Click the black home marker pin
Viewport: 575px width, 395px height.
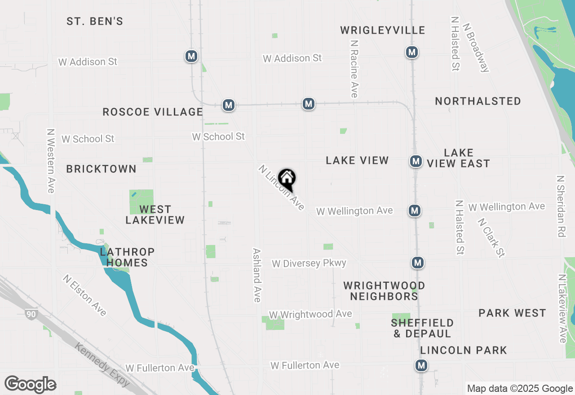(287, 179)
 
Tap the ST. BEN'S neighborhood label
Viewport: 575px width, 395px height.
(95, 21)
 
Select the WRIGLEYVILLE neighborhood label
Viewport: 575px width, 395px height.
(382, 30)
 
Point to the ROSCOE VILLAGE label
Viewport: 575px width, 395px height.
(153, 112)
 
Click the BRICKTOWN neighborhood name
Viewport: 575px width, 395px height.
(101, 169)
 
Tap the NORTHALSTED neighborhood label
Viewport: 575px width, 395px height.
(478, 101)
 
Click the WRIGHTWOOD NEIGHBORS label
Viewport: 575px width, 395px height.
(384, 291)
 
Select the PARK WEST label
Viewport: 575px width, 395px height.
(512, 313)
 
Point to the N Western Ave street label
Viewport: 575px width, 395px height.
(51, 161)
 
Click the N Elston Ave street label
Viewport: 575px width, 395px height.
(85, 295)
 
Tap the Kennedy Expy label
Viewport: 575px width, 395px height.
(102, 365)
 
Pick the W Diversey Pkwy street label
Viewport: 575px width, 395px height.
(309, 263)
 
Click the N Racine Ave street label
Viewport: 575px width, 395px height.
(354, 68)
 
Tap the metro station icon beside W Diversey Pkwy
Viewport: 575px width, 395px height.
(418, 262)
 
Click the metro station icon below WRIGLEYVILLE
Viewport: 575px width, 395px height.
(411, 52)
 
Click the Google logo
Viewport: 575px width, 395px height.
(30, 384)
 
